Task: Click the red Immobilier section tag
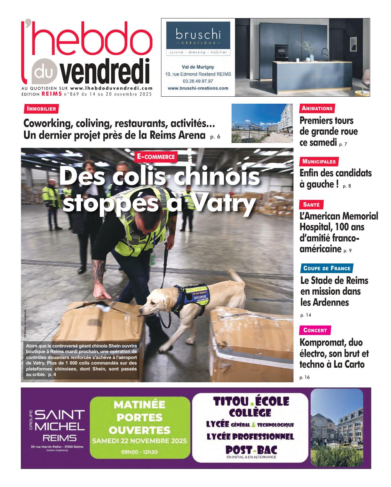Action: [41, 109]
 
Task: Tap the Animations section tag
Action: [317, 108]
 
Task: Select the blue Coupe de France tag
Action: [327, 268]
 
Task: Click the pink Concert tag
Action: [315, 330]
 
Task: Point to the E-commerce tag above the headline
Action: [156, 157]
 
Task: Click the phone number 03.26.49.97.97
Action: [198, 81]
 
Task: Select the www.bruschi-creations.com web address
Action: [198, 88]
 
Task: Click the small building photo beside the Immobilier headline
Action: [262, 122]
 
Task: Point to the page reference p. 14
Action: [305, 315]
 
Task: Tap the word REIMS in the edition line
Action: [52, 94]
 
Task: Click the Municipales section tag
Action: [319, 161]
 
